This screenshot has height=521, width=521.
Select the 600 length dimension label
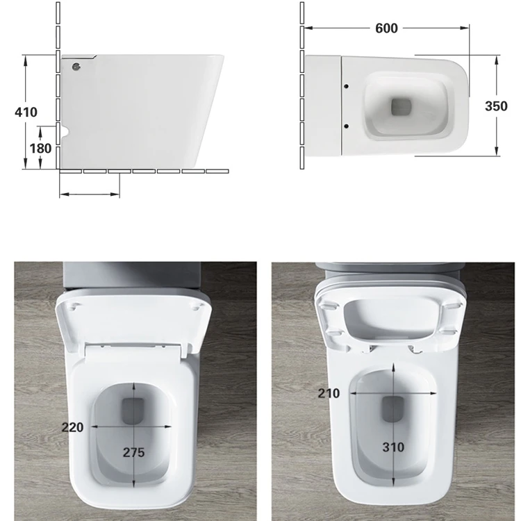pos(386,28)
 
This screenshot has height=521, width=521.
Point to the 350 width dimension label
pos(497,106)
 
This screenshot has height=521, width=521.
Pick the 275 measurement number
pos(134,452)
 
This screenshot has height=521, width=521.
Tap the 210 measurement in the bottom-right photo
pos(329,394)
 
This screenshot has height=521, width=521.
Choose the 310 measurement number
pos(392,447)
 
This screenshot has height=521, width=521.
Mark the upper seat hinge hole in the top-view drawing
pos(346,86)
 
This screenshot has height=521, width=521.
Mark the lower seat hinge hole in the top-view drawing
pos(346,126)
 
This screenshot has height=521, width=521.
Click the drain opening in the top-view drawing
pos(402,107)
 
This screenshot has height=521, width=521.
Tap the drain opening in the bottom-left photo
pos(133,412)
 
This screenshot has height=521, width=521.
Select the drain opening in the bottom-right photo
pos(393,408)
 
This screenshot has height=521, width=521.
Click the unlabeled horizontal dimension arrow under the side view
pos(90,194)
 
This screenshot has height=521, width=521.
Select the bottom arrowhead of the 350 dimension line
pos(497,152)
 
